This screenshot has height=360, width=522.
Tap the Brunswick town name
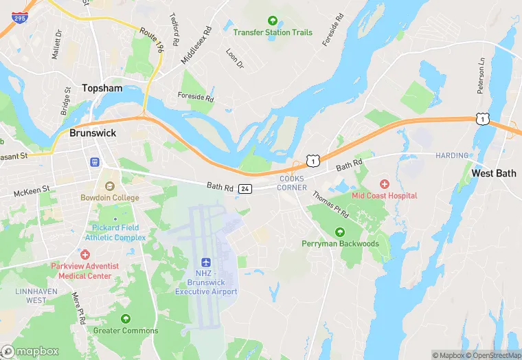(93, 133)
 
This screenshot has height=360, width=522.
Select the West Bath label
(493, 173)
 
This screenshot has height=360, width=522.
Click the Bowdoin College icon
(109, 185)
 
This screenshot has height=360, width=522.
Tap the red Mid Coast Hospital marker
(384, 183)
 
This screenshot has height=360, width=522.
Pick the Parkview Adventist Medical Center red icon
(84, 254)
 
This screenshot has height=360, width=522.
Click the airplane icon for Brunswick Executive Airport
(206, 263)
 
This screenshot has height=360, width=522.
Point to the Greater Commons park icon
(126, 319)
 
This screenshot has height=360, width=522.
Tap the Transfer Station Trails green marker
(273, 21)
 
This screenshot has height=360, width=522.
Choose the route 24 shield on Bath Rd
(246, 188)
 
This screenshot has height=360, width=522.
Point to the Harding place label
(451, 156)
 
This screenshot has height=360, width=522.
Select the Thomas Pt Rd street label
(330, 205)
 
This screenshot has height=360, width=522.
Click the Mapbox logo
(30, 351)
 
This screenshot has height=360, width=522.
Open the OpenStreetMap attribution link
(493, 355)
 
